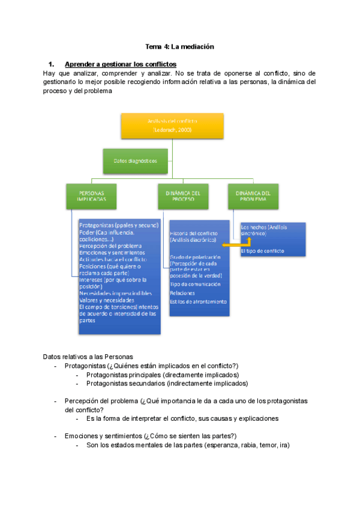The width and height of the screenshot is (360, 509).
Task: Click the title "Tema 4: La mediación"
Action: pyautogui.click(x=180, y=46)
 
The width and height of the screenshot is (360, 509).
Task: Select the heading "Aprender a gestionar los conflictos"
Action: pyautogui.click(x=120, y=64)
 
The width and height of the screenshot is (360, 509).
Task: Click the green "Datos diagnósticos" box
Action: pyautogui.click(x=135, y=160)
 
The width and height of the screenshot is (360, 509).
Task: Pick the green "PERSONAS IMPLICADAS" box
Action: pyautogui.click(x=91, y=196)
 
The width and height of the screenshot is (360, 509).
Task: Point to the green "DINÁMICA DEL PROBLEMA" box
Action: pyautogui.click(x=253, y=196)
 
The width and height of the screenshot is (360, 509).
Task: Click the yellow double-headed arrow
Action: pyautogui.click(x=235, y=244)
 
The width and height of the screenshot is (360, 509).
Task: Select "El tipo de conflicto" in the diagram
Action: pyautogui.click(x=262, y=251)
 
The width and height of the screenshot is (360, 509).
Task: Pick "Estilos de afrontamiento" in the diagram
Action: pyautogui.click(x=198, y=301)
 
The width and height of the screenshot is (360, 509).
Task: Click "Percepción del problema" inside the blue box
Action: pyautogui.click(x=110, y=246)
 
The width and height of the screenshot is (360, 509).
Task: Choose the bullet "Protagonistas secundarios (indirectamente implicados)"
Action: pyautogui.click(x=167, y=383)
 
